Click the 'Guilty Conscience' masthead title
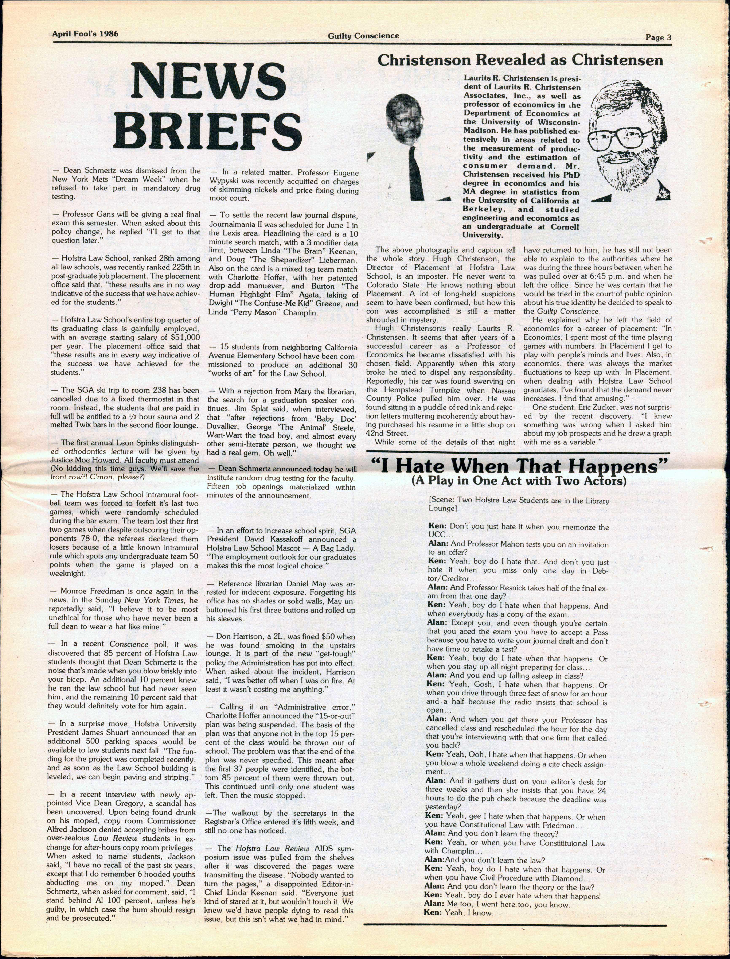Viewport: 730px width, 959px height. [363, 36]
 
